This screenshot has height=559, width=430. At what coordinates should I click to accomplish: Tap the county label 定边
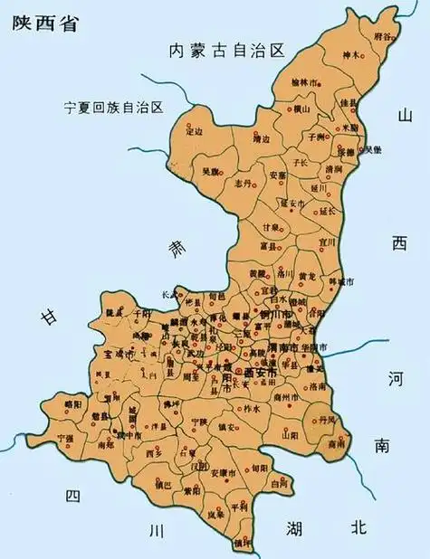[193, 132]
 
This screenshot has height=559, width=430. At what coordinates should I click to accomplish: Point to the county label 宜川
[327, 242]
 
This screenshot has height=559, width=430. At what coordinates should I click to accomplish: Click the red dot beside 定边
[187, 123]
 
